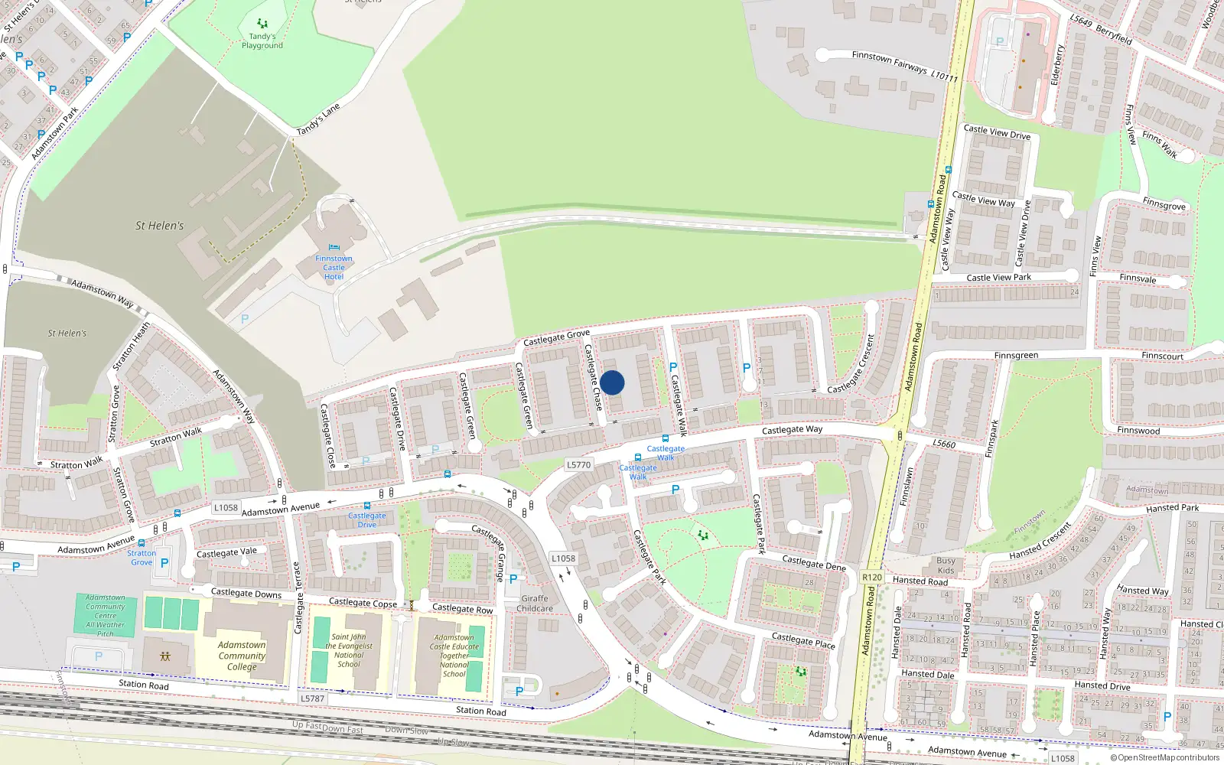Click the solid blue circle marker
pos(612,382)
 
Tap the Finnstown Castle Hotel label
pos(334,267)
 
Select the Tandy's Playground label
pos(262,41)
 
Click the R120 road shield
pos(871,578)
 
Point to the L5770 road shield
pos(579,464)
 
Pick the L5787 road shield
pos(312,698)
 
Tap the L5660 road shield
pos(944,444)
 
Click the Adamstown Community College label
pos(242,656)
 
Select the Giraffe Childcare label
pos(535,604)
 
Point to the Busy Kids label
pos(946,565)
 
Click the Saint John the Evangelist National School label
pos(349,650)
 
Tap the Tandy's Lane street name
pos(317,120)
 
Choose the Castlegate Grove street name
pos(556,337)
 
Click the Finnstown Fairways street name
pos(890,61)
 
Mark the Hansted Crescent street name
pos(1040,541)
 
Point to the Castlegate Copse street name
pos(363,603)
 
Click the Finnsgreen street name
pos(1016,356)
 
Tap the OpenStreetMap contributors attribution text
pos(1168,757)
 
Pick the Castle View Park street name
pos(998,278)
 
